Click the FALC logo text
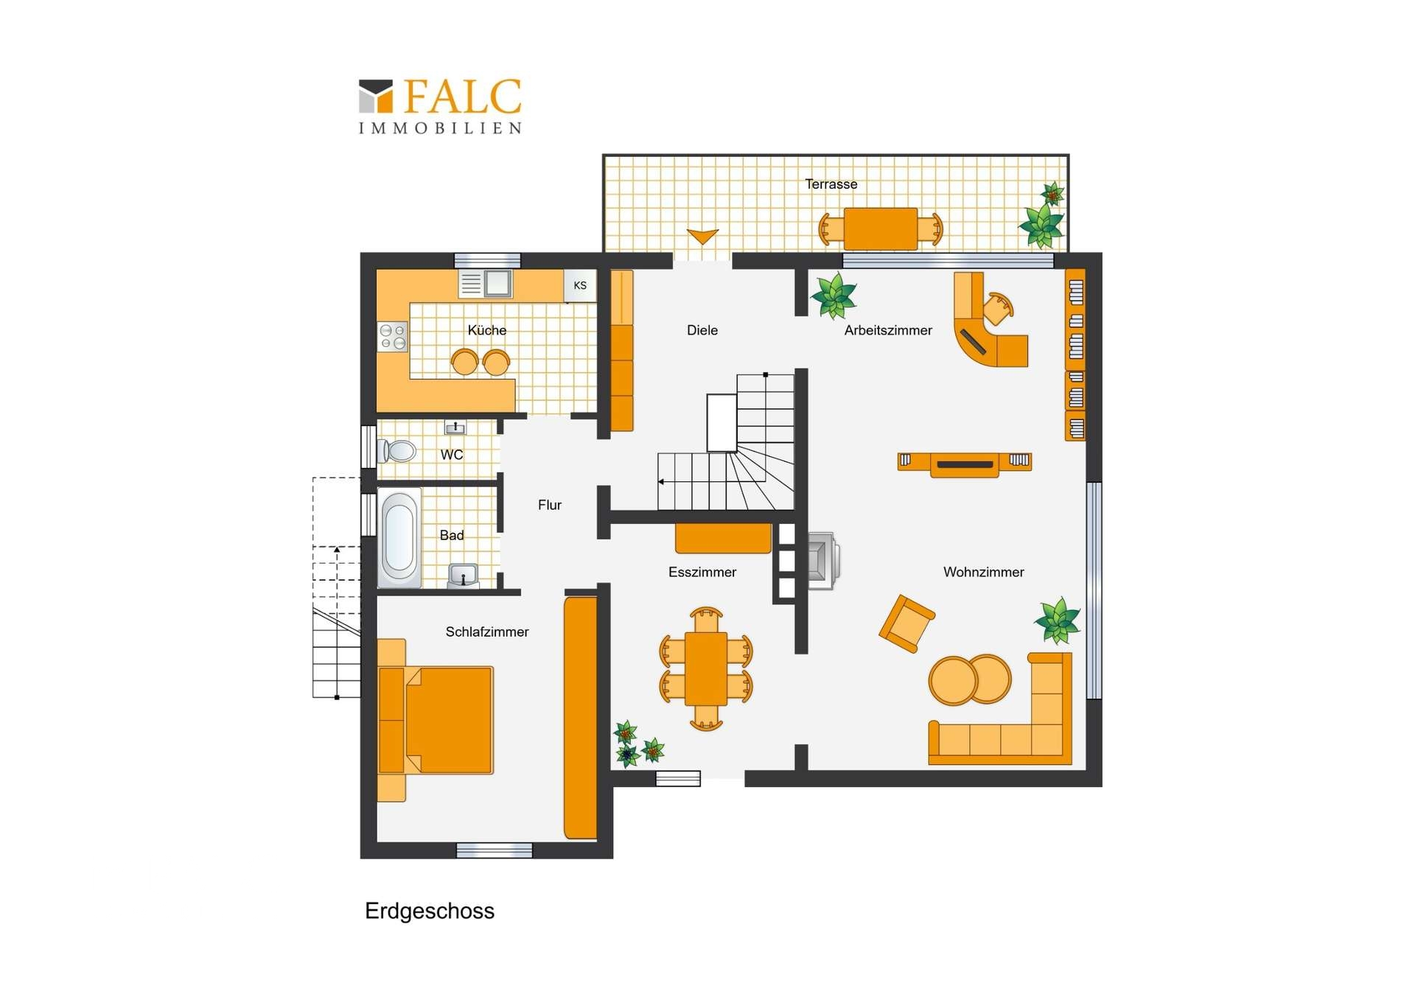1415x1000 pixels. (x=462, y=97)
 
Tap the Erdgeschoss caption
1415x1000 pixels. (x=430, y=911)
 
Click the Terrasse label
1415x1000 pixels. (x=831, y=184)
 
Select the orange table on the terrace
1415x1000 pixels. (x=881, y=228)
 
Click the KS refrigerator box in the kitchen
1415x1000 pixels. (x=580, y=285)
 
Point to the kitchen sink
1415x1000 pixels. (x=497, y=283)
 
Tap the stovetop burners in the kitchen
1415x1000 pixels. (x=393, y=337)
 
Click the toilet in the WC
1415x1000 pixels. (x=398, y=450)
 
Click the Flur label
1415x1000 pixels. (x=549, y=505)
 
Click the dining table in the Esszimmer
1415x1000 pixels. (x=706, y=668)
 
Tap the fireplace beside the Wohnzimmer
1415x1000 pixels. (x=822, y=560)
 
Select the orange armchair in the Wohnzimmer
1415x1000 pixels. (x=906, y=623)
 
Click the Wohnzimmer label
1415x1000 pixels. (x=983, y=572)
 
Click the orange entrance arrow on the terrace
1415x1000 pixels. (x=702, y=236)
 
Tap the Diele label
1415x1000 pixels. (x=702, y=330)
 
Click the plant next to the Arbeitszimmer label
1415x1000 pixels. (x=834, y=296)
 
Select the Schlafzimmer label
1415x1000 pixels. (x=486, y=632)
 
